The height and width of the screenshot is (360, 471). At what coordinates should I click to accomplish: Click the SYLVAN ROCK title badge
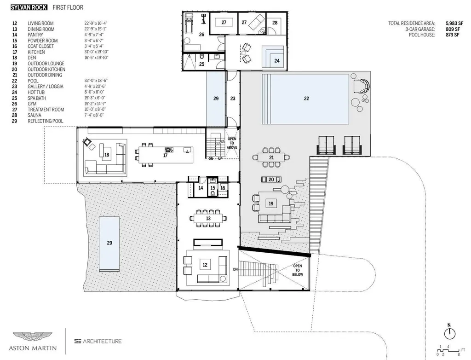[x=29, y=7]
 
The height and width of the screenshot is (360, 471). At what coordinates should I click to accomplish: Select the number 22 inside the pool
[x=306, y=99]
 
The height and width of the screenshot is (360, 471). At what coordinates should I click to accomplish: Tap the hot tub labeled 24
[x=273, y=57]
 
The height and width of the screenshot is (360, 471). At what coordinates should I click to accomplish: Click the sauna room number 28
[x=275, y=23]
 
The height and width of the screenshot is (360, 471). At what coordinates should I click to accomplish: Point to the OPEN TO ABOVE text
[x=232, y=143]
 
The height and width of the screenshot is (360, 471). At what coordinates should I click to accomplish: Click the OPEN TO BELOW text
[x=298, y=270]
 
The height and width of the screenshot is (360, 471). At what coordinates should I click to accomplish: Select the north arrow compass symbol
[x=450, y=333]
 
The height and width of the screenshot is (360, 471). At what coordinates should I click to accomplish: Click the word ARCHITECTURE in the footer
[x=102, y=341]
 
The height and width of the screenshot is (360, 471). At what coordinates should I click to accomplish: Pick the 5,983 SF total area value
[x=454, y=23]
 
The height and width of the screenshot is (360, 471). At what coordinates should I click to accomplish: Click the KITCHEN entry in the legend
[x=36, y=52]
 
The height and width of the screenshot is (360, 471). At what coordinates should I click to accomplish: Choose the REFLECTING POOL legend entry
[x=46, y=121]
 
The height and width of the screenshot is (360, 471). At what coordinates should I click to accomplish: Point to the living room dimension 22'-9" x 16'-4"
[x=96, y=23]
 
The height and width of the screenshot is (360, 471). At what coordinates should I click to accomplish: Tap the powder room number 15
[x=213, y=188]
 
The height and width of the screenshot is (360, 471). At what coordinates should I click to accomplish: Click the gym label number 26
[x=201, y=35]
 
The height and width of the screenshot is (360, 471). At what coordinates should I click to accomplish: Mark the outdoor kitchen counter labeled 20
[x=271, y=180]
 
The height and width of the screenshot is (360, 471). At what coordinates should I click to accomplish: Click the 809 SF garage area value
[x=453, y=29]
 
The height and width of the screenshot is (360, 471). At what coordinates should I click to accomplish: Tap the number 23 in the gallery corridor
[x=233, y=99]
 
